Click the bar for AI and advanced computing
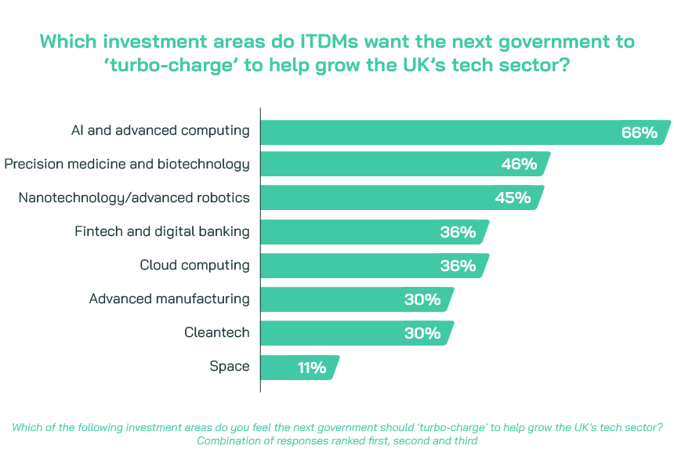coord(439,132)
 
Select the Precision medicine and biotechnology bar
coord(376,165)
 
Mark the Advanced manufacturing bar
coord(329,299)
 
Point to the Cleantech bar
coord(329,333)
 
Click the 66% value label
coord(639,132)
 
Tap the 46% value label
coord(519,165)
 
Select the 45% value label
coord(513,197)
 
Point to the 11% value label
coord(311,367)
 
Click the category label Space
coord(229,366)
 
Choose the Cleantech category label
coord(216,332)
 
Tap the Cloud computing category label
coord(194,265)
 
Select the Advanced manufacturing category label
coord(169,299)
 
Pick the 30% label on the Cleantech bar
coord(422,333)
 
